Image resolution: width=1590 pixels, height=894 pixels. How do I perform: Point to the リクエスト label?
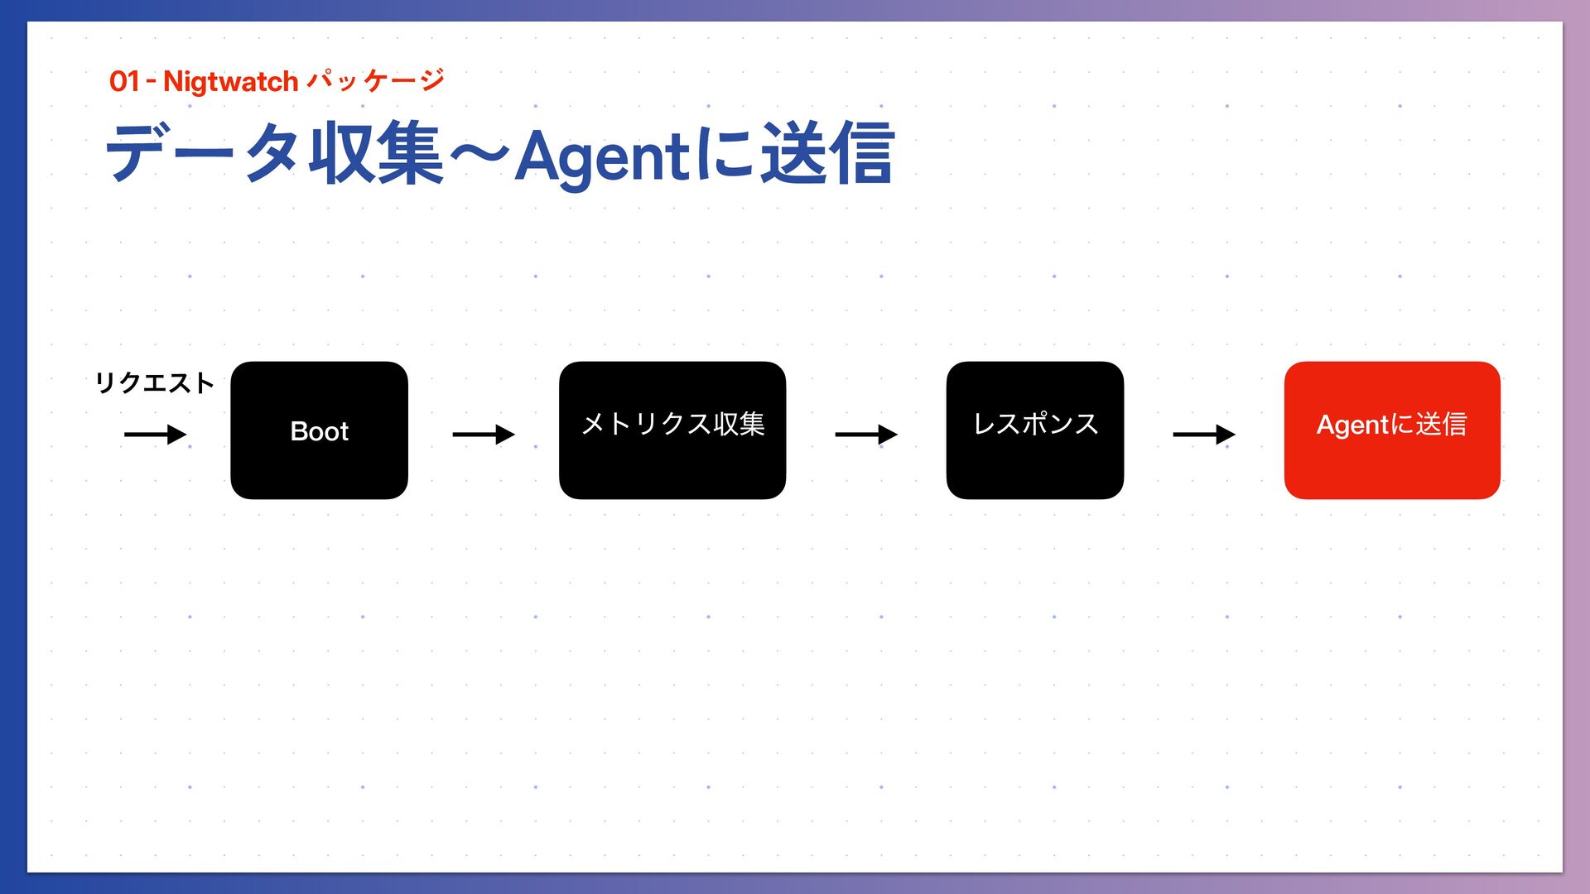(x=154, y=382)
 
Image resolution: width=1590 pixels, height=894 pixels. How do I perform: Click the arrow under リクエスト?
(x=155, y=434)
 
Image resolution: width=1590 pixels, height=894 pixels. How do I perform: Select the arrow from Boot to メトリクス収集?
(x=483, y=434)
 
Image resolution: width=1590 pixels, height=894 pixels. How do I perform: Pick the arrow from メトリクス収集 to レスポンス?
(x=865, y=434)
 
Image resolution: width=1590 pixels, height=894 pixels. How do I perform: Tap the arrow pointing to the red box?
(x=1203, y=434)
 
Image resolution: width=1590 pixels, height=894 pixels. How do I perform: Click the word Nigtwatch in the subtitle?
(x=230, y=81)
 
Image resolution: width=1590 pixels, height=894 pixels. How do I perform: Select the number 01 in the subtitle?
(x=124, y=81)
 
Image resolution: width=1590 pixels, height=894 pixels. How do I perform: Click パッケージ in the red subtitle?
(x=375, y=80)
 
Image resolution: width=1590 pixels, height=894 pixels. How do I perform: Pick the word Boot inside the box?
(x=319, y=431)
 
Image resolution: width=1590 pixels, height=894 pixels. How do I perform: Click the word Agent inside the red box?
(x=1352, y=425)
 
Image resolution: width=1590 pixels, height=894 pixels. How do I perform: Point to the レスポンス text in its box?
(x=1035, y=424)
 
